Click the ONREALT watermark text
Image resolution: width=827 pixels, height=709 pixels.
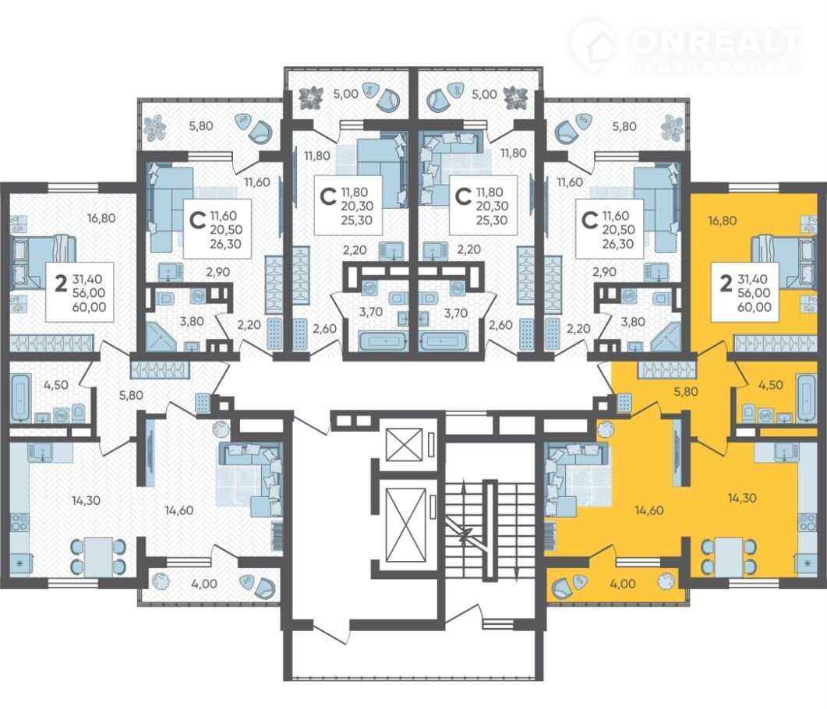tap(716, 41)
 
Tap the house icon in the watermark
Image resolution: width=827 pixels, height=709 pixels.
tap(592, 46)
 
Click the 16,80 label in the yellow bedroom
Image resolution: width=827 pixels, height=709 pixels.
tap(722, 220)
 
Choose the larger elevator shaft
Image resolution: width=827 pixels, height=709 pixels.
tap(405, 525)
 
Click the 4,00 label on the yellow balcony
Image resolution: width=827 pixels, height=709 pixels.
tap(622, 584)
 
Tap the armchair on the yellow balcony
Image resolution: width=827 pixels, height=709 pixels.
tap(563, 587)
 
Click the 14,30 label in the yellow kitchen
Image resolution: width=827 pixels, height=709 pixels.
tap(741, 498)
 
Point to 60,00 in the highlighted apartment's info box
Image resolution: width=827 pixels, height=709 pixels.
tap(755, 307)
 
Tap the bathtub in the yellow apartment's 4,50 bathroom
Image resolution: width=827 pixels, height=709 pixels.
tap(807, 397)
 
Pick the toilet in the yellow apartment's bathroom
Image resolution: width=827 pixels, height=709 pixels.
tap(748, 414)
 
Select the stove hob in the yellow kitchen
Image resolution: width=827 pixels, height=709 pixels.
tap(807, 522)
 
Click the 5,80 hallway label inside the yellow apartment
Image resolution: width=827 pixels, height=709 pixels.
tap(686, 392)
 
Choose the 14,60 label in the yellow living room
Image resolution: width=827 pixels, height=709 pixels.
tap(649, 510)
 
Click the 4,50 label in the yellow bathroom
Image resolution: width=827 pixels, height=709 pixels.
tap(771, 385)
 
